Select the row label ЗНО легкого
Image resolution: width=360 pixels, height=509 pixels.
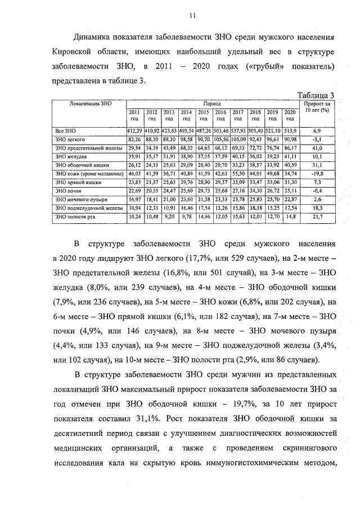coord(65,139)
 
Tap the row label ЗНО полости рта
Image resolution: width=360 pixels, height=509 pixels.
coord(70,217)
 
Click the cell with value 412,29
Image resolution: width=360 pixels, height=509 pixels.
coord(135,130)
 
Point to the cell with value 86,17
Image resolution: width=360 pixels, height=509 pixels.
coord(290,148)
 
